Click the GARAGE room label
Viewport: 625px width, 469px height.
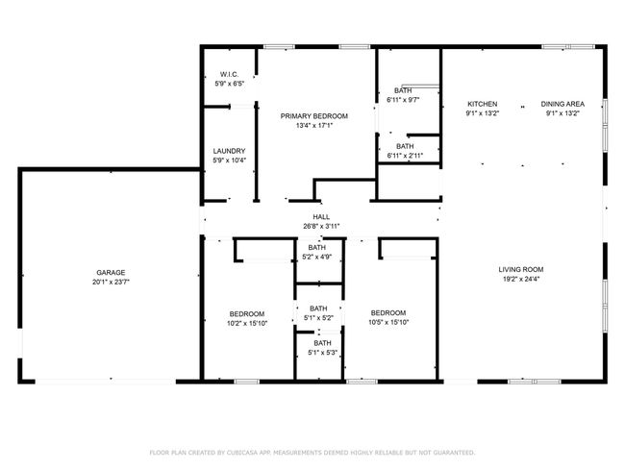pyautogui.click(x=111, y=273)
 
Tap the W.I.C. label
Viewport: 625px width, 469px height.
pyautogui.click(x=229, y=75)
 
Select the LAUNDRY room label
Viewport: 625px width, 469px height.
pyautogui.click(x=229, y=151)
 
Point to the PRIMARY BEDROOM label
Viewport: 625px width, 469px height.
pyautogui.click(x=314, y=116)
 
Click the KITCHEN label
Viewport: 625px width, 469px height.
pyautogui.click(x=483, y=104)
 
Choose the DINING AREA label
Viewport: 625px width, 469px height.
pyautogui.click(x=562, y=104)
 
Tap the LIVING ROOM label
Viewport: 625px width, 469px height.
pyautogui.click(x=521, y=269)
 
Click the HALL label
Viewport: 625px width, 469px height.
pyautogui.click(x=321, y=217)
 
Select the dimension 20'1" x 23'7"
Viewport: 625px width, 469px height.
pyautogui.click(x=111, y=283)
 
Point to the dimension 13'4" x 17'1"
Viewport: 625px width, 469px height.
pyautogui.click(x=314, y=126)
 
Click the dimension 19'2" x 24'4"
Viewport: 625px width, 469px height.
pyautogui.click(x=521, y=279)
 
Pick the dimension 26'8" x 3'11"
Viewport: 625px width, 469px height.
pyautogui.click(x=321, y=227)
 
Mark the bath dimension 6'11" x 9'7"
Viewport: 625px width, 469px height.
pyautogui.click(x=403, y=100)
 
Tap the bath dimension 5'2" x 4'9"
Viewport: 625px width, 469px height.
pyautogui.click(x=317, y=257)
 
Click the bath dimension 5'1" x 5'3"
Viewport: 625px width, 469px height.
pyautogui.click(x=322, y=353)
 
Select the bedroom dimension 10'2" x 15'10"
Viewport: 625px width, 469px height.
pyautogui.click(x=247, y=324)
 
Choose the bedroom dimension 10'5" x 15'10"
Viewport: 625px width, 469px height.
pyautogui.click(x=388, y=322)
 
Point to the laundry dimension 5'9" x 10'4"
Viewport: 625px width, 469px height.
pyautogui.click(x=229, y=160)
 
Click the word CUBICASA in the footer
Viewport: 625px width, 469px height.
pyautogui.click(x=242, y=453)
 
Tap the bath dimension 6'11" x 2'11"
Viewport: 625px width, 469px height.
pyautogui.click(x=405, y=156)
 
